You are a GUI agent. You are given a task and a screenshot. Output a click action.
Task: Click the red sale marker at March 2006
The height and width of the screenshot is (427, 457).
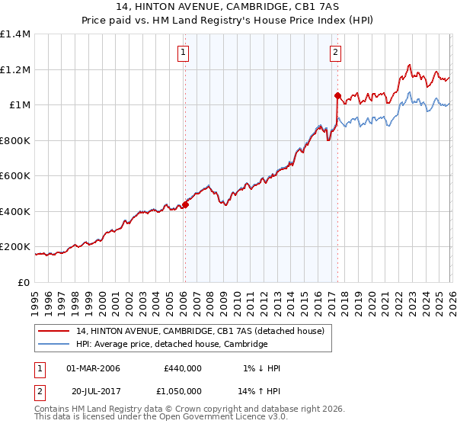click(185, 204)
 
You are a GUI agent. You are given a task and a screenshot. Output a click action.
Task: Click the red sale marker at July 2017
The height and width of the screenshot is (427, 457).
click(337, 96)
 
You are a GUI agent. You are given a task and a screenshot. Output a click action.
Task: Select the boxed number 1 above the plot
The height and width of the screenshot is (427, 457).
click(184, 53)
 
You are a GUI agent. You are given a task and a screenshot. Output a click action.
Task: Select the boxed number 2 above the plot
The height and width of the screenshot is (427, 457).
click(336, 53)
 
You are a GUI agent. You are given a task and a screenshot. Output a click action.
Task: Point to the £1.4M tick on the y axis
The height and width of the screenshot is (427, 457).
click(16, 34)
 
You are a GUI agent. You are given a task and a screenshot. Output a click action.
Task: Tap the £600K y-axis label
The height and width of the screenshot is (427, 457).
click(16, 176)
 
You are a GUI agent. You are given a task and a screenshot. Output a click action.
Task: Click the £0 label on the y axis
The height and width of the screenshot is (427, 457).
click(24, 283)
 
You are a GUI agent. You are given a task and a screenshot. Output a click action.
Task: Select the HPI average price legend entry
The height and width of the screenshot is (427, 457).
click(171, 345)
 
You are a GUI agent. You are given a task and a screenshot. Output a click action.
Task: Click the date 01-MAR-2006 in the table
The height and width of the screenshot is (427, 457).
click(93, 368)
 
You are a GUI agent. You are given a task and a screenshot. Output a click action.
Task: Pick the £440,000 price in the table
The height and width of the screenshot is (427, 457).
click(182, 368)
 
